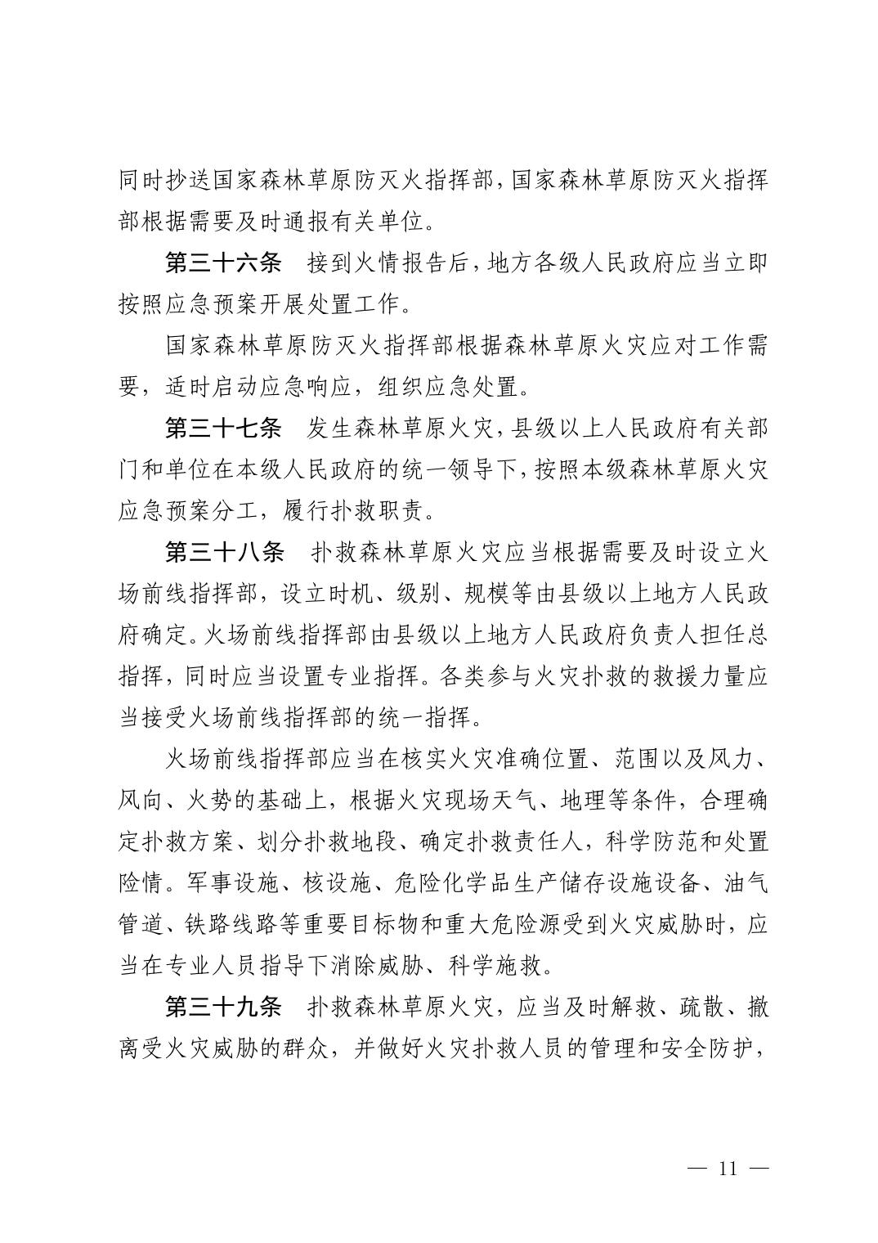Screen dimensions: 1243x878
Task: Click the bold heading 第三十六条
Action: tap(223, 263)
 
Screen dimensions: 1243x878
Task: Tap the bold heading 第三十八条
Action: tap(223, 552)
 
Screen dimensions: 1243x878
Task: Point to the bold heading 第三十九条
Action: tap(223, 1007)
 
